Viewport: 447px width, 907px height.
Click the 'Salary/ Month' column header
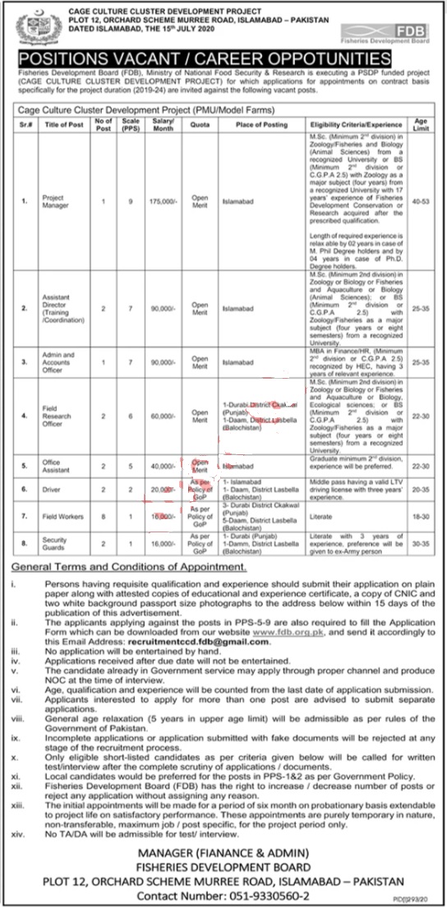[x=154, y=123]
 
